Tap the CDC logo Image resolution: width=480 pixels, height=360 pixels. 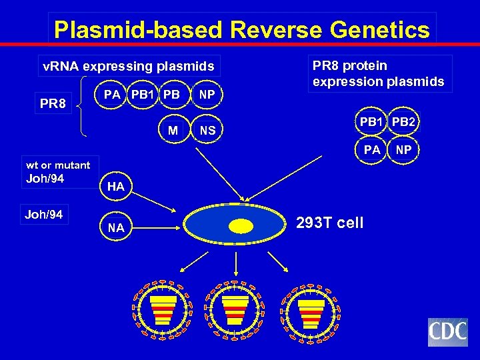(447, 332)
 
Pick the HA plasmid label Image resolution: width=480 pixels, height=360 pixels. (115, 187)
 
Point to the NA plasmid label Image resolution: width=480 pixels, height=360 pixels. (115, 228)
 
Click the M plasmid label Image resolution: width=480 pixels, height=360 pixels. (173, 131)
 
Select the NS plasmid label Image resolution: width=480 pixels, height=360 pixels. (207, 131)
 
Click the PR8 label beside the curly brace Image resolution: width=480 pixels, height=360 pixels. (53, 105)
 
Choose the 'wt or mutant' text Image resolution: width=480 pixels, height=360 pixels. (58, 165)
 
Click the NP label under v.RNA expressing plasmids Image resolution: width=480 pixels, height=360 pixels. (207, 95)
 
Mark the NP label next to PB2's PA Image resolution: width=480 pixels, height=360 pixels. (403, 150)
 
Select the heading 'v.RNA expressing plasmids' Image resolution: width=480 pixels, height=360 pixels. (129, 66)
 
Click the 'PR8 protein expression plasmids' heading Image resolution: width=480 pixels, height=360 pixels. (378, 73)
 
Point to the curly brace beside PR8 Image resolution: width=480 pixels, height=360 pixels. (82, 105)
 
